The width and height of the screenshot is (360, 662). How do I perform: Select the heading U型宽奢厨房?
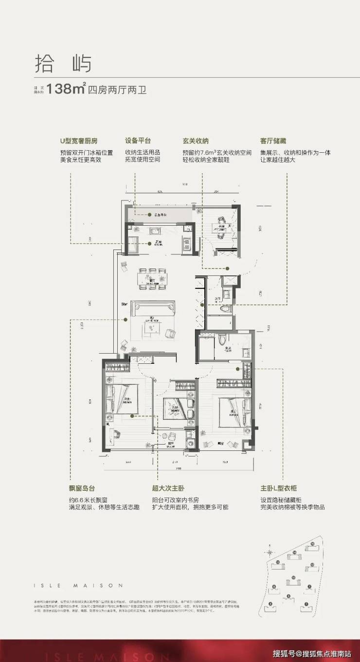click(78, 142)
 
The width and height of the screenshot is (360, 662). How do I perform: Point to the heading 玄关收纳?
click(196, 142)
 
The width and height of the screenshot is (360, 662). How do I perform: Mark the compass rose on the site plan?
click(268, 552)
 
